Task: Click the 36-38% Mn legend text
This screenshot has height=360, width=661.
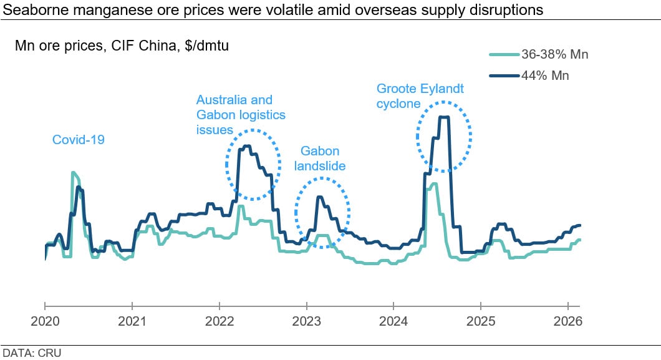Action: pos(554,55)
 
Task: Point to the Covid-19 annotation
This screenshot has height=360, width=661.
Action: pos(78,140)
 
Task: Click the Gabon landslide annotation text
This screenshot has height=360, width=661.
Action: pos(320,158)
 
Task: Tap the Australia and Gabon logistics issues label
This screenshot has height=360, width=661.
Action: pos(241,115)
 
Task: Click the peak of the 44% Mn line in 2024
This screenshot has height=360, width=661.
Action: pos(444,117)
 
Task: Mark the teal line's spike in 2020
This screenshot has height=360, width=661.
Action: pos(74,173)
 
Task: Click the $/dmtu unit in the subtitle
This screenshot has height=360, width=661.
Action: pos(208,46)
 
